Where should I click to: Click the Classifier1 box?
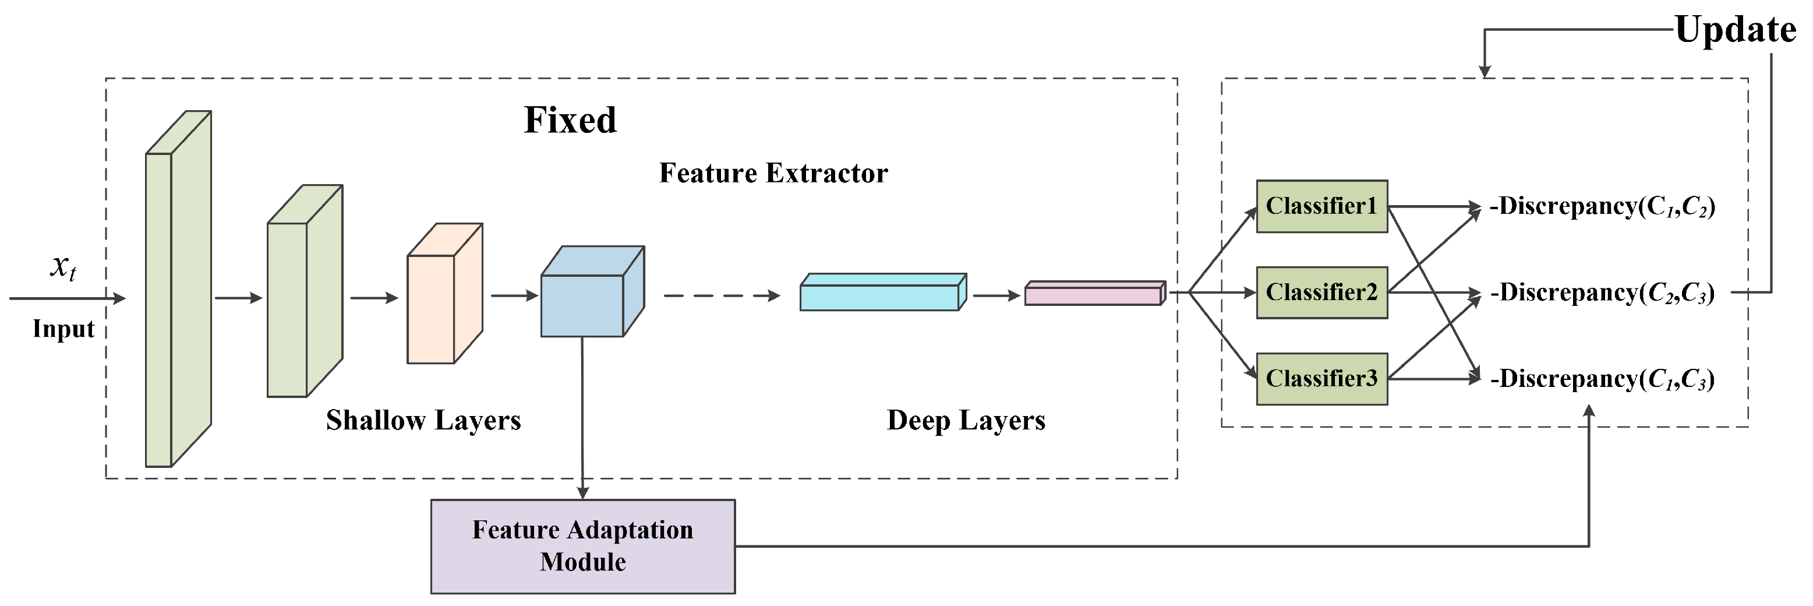point(1321,206)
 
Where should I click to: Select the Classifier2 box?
point(1321,292)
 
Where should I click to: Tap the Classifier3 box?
point(1321,379)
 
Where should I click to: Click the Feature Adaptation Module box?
point(583,546)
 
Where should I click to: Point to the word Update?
point(1735,30)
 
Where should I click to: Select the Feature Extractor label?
point(773,173)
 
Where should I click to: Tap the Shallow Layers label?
point(423,420)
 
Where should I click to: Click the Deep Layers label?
point(966,420)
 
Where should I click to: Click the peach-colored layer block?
point(440,299)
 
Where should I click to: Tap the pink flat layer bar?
point(1093,294)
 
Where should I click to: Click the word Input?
point(63,329)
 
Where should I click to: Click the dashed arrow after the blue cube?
point(722,295)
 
